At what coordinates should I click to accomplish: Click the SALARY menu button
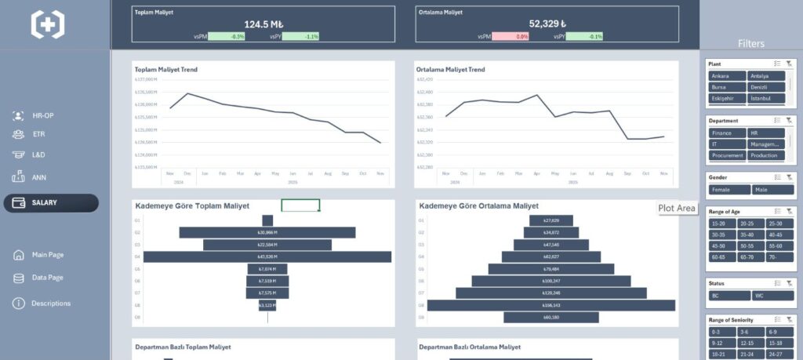pos(51,203)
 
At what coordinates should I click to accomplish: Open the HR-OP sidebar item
pos(43,115)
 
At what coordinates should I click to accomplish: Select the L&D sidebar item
pos(38,155)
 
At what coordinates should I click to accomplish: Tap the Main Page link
pos(47,255)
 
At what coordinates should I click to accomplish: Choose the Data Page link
pos(47,278)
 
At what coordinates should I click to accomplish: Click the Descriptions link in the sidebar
pos(50,304)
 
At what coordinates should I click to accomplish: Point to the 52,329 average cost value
pos(547,24)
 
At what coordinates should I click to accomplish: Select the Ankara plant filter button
pos(726,76)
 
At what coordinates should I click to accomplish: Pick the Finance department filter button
pos(726,133)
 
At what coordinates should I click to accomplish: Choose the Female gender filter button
pos(729,190)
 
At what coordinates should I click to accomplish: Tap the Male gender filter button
pos(772,190)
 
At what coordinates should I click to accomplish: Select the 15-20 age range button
pos(722,224)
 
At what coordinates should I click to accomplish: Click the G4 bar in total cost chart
pos(267,256)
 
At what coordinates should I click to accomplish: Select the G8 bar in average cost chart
pos(550,305)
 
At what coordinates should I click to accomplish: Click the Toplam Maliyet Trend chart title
pos(166,70)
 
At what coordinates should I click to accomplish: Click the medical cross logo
pos(48,24)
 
